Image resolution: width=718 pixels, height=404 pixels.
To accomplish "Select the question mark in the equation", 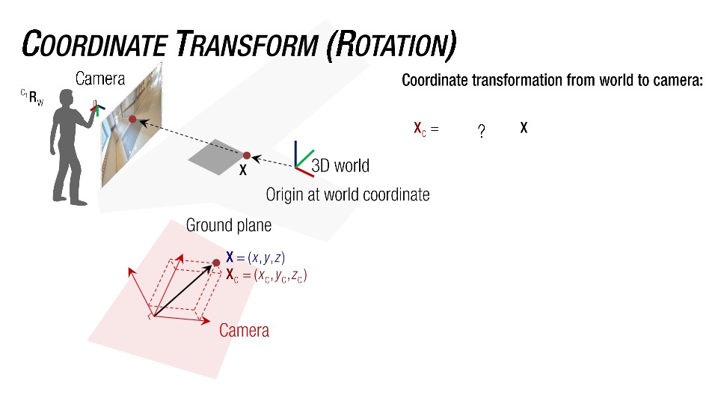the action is click(482, 132).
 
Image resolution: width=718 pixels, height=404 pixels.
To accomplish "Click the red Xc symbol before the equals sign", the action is click(420, 129).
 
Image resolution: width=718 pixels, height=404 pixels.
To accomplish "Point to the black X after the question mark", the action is click(524, 128).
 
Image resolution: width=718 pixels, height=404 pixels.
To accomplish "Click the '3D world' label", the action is click(340, 165).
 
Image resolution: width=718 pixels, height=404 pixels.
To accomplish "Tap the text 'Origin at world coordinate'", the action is click(348, 195).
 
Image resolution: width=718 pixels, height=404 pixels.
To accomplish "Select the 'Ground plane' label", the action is click(228, 225).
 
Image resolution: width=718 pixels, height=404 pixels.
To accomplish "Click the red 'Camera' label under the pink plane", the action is click(244, 330).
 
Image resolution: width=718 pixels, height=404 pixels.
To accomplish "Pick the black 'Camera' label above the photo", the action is click(99, 79).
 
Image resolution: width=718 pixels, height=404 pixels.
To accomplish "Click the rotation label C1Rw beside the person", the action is click(32, 98).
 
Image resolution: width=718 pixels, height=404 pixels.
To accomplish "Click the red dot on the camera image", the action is click(132, 119).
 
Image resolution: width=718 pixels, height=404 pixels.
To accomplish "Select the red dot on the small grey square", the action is click(246, 156).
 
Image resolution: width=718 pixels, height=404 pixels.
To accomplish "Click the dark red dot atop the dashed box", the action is click(216, 262).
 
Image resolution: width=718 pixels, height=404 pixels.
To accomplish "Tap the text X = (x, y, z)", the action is click(255, 258).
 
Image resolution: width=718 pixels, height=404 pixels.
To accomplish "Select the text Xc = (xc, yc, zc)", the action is click(266, 275).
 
